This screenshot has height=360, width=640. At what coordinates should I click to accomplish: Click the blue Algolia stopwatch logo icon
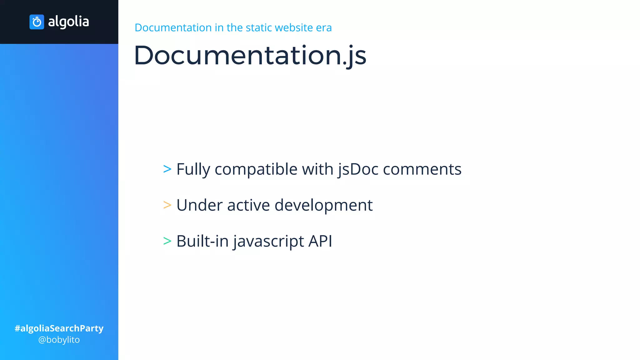pos(37,22)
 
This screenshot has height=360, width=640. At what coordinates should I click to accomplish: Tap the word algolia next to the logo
pos(68,22)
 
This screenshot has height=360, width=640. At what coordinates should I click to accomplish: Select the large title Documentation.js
pos(250,55)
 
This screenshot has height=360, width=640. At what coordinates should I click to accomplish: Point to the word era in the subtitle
pos(324,28)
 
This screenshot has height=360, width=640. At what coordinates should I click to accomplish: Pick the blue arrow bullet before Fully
pos(167,169)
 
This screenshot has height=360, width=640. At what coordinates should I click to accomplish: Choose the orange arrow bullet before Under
pos(167,205)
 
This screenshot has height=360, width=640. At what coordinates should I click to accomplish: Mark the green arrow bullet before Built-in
pos(167,241)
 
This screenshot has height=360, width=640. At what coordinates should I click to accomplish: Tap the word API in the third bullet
pos(320,241)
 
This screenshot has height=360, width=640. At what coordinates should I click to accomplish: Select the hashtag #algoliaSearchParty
pos(59,328)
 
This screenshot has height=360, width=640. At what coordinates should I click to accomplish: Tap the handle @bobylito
pos(59,340)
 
